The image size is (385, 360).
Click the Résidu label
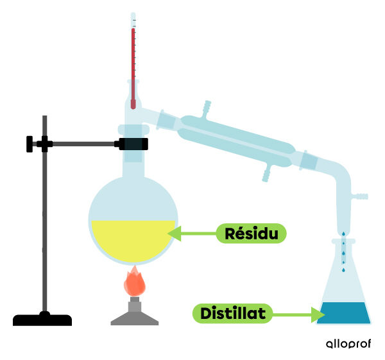(x=251, y=234)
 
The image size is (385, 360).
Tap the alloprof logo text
(x=348, y=344)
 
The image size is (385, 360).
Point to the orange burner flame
(x=134, y=283)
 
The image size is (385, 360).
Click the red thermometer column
(x=133, y=64)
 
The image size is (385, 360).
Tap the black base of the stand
(x=42, y=320)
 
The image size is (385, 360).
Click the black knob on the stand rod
(x=30, y=144)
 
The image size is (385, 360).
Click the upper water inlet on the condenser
(x=207, y=107)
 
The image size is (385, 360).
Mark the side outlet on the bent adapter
(x=361, y=194)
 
